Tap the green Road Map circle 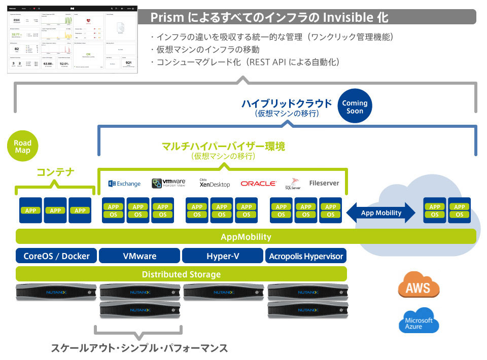click(x=22, y=147)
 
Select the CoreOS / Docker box click(x=56, y=256)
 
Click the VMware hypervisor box click(x=140, y=256)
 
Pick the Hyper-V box click(x=223, y=256)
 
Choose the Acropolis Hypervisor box click(x=306, y=256)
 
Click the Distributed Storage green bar click(x=181, y=274)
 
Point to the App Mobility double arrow click(x=381, y=213)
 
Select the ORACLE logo click(x=258, y=184)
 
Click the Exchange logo click(x=124, y=184)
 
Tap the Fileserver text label click(x=324, y=183)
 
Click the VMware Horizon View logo click(x=169, y=184)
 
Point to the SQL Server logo click(x=294, y=184)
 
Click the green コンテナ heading click(x=55, y=172)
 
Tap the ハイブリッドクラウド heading click(x=287, y=104)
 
